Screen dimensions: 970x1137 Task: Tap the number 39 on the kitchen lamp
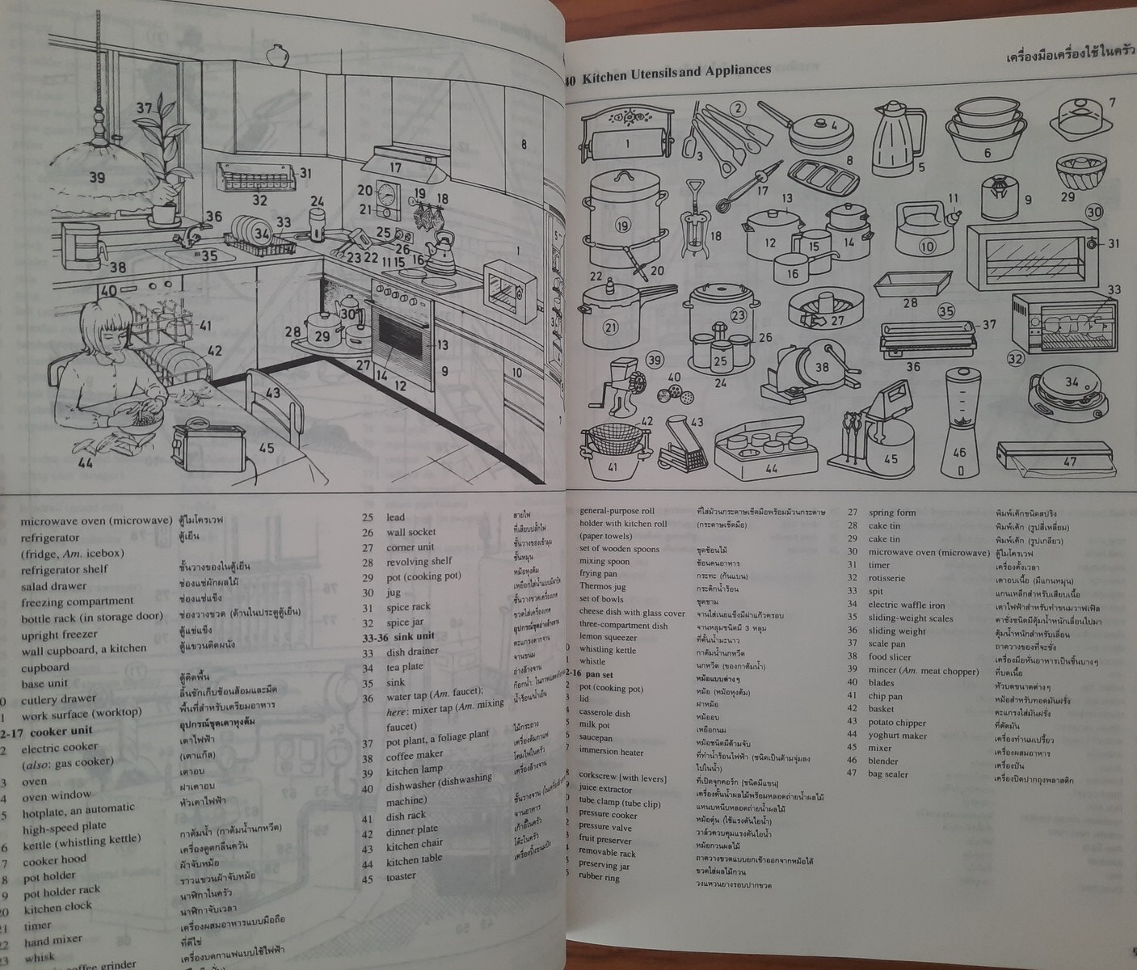click(97, 178)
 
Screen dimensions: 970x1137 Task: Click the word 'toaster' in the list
click(401, 876)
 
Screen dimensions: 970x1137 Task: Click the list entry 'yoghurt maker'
click(897, 735)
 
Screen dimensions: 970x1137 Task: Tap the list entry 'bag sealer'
click(888, 774)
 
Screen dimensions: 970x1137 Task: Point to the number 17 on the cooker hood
click(395, 168)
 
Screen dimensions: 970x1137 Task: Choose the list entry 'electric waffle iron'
click(907, 605)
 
